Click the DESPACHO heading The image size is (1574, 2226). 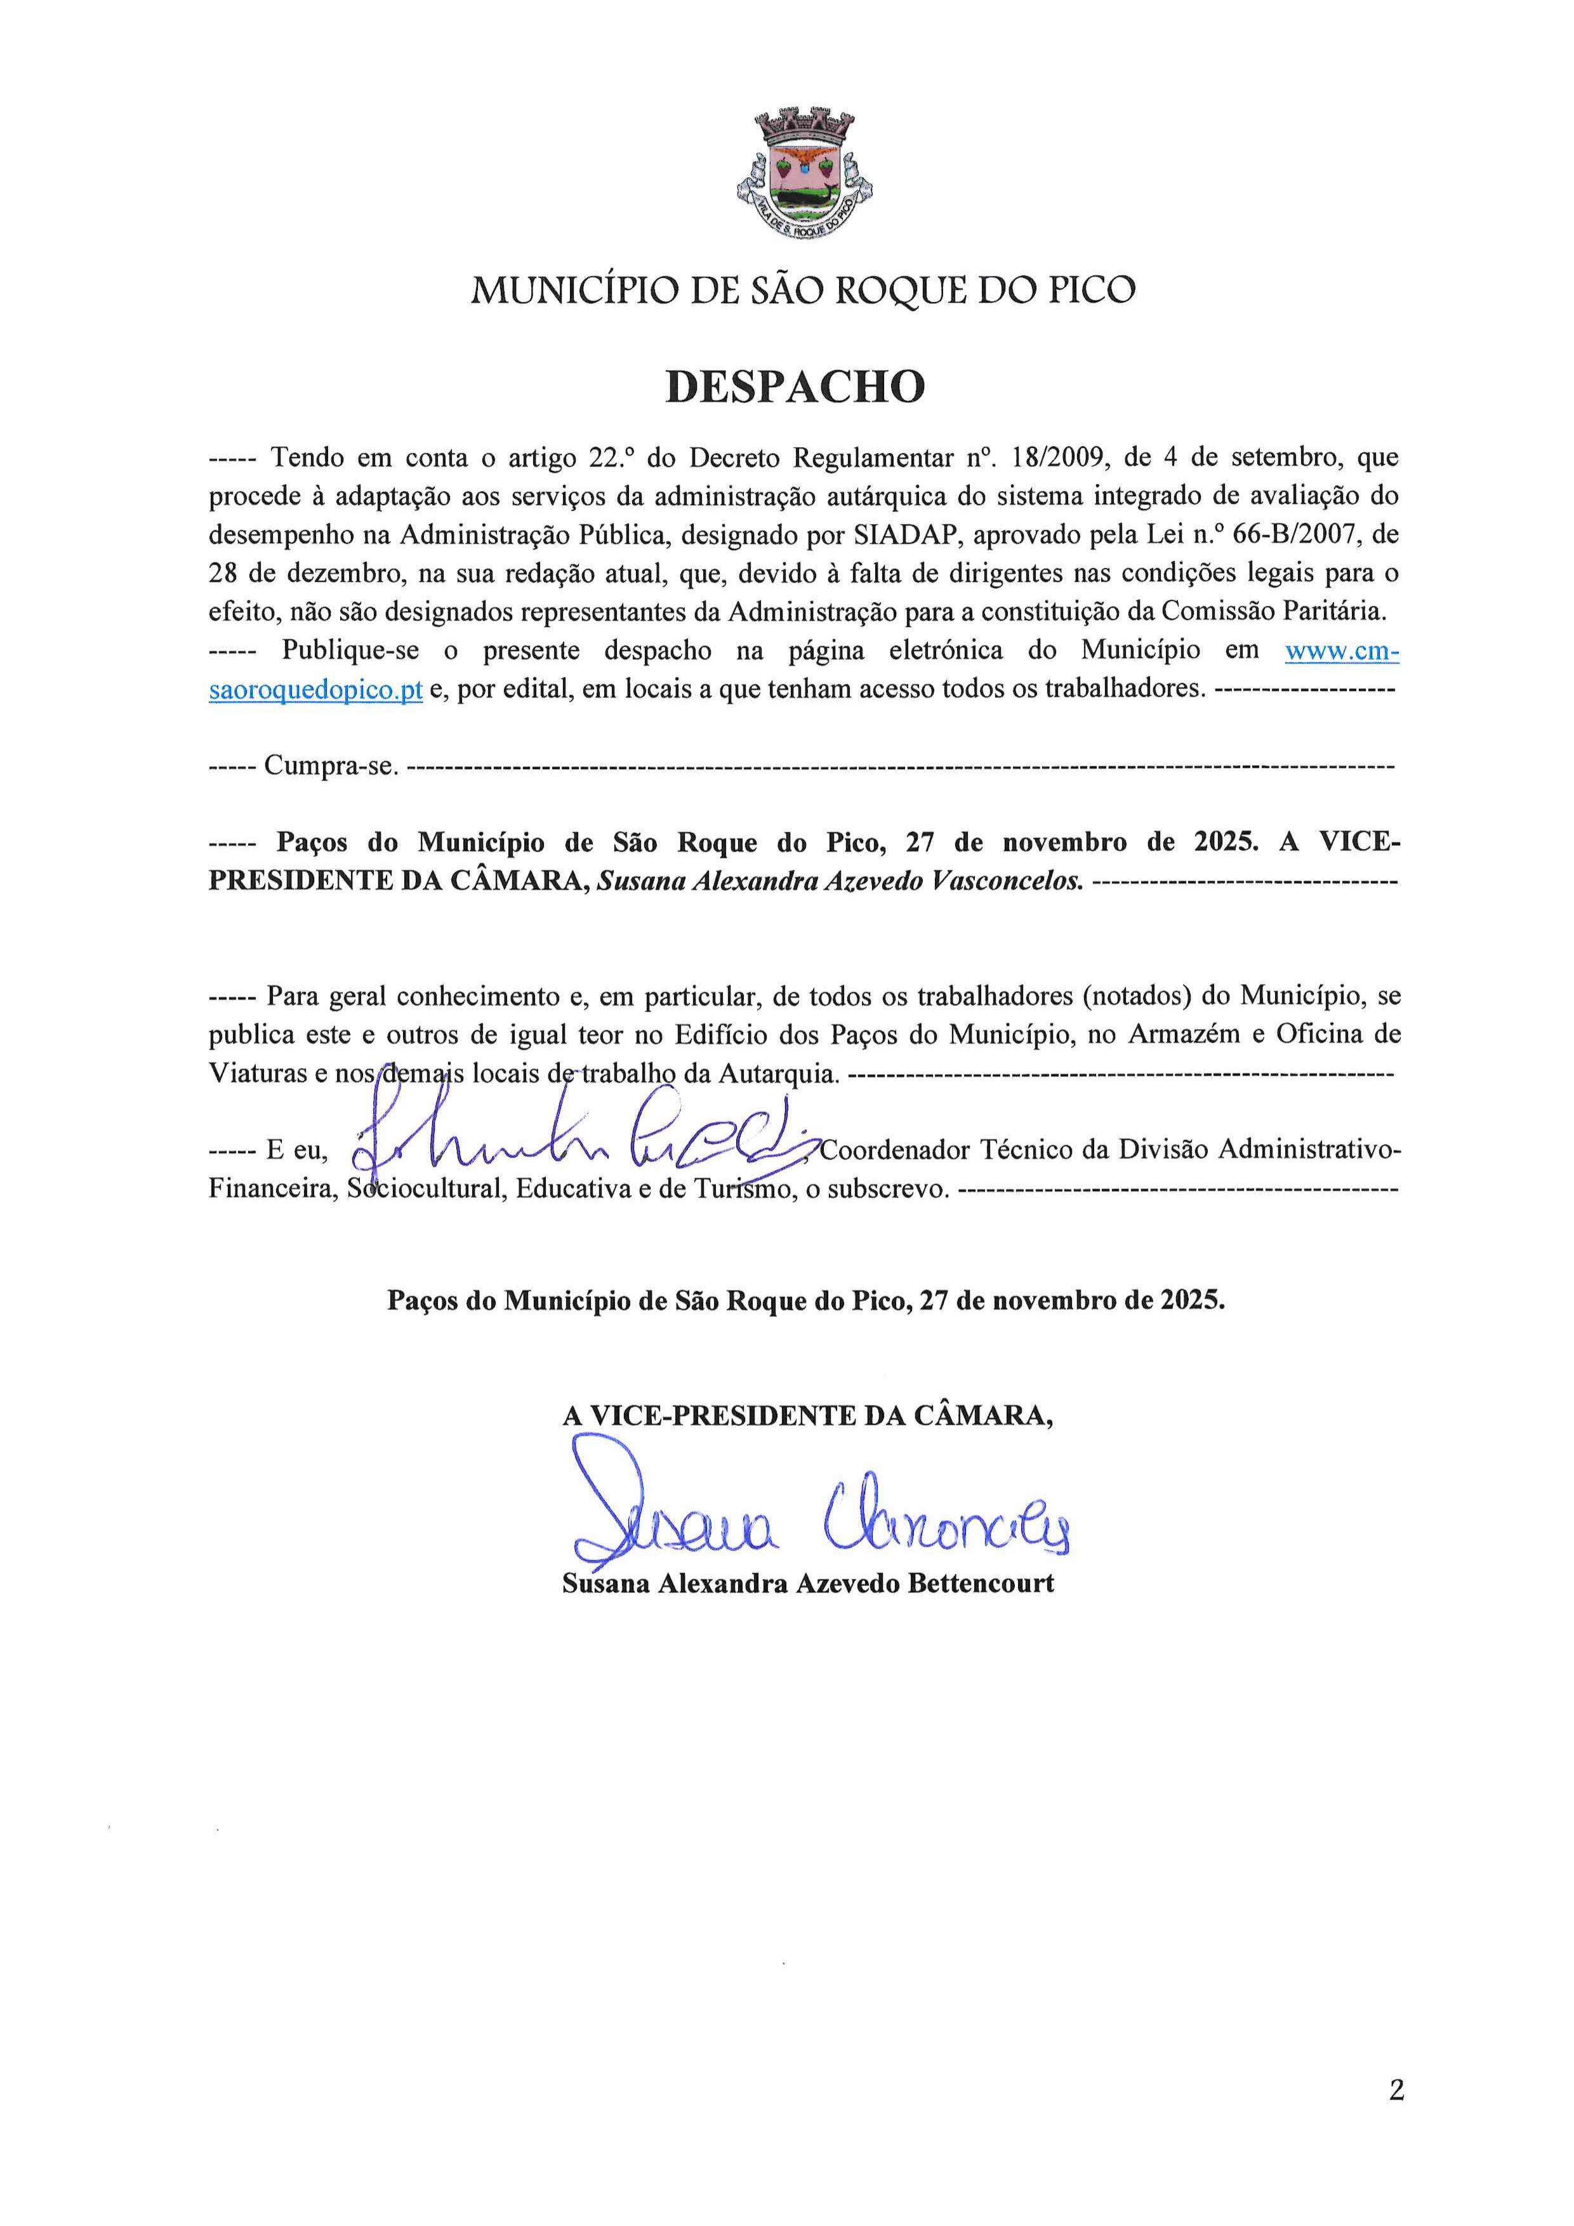[795, 386]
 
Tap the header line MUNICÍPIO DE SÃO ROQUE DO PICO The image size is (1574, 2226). [803, 290]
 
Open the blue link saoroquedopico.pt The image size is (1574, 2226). [315, 690]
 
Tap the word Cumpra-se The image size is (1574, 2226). [331, 766]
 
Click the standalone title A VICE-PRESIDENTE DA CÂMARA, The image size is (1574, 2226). [808, 1416]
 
